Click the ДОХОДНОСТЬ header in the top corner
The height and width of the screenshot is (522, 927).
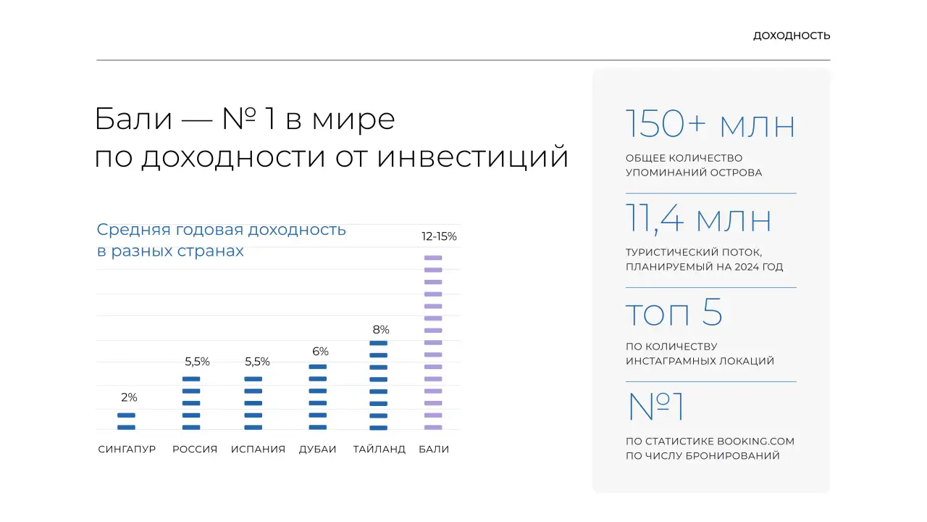tap(792, 36)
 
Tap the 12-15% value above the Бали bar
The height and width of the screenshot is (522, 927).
tap(439, 236)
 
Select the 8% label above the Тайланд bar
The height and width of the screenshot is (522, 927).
tap(381, 330)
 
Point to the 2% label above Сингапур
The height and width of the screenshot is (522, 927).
tap(129, 397)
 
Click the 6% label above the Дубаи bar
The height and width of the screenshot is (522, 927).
tap(320, 352)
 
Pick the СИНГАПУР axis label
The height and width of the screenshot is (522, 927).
tap(127, 449)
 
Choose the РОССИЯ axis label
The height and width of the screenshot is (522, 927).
tap(195, 449)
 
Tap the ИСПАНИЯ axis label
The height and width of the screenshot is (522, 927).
tap(258, 449)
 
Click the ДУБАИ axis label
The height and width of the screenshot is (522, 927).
tap(318, 449)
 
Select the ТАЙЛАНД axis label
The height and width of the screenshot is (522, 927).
tap(379, 449)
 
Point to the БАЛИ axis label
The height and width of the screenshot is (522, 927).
tap(434, 449)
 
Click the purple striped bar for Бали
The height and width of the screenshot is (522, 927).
tap(432, 342)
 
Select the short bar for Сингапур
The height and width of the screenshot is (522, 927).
tap(126, 421)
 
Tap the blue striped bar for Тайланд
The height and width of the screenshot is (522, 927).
tap(378, 385)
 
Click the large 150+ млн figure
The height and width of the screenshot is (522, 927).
tap(710, 125)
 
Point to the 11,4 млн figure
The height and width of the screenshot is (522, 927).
tap(699, 220)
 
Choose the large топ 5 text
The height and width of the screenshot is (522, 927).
tap(674, 313)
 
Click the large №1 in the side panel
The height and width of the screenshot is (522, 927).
tap(656, 407)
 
